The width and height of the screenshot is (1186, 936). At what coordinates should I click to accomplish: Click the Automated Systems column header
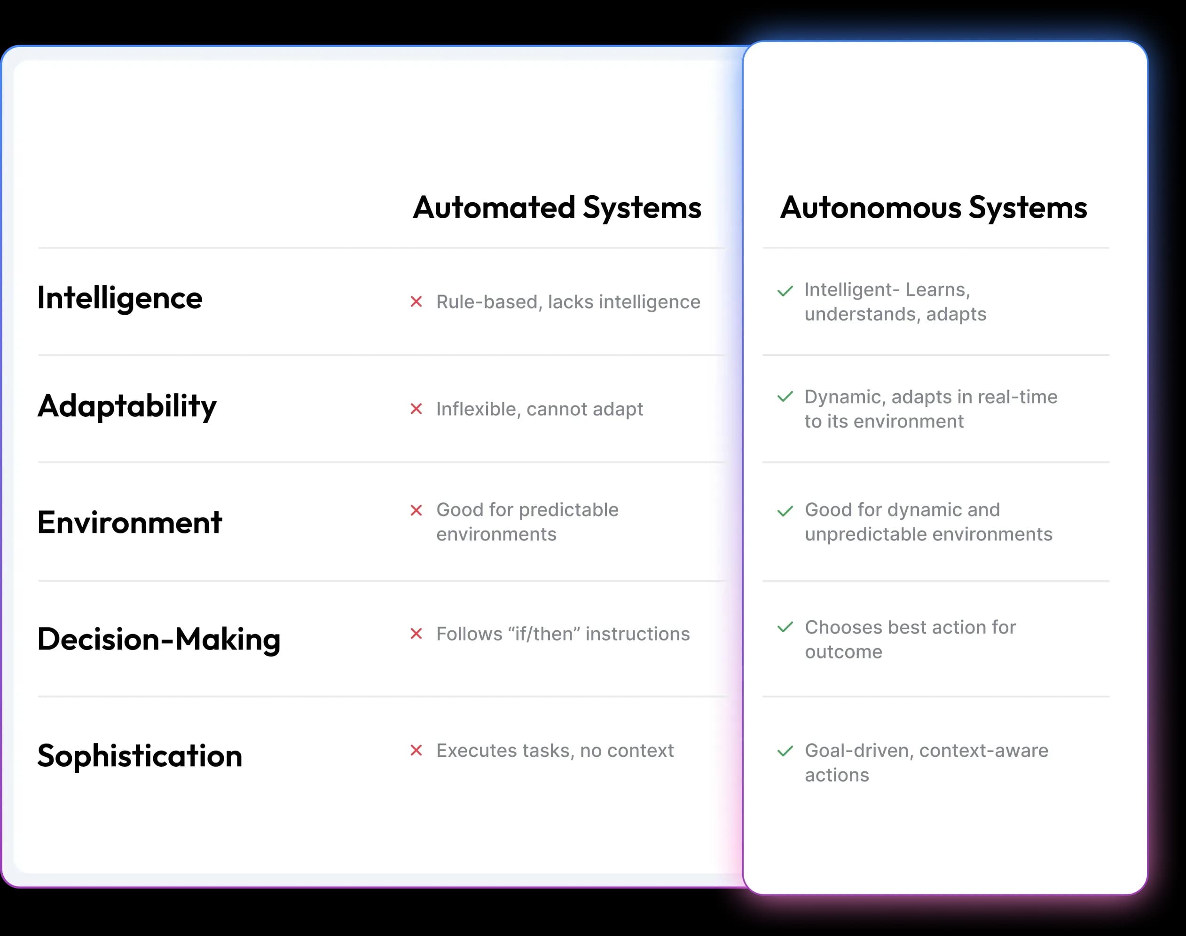557,208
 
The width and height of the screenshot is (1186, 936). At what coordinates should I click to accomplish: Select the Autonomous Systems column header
934,208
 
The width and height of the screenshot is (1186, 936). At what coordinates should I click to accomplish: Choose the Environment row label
130,522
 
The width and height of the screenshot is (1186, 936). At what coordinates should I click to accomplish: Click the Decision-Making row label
159,640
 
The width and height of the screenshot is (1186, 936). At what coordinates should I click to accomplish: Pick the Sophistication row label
140,756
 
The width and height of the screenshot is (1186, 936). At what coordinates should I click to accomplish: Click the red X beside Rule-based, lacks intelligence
416,301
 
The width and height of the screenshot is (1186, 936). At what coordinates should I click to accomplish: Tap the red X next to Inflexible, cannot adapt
416,409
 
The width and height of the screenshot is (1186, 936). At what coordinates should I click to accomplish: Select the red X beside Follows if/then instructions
416,634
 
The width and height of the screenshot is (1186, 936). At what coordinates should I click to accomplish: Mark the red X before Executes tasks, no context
416,750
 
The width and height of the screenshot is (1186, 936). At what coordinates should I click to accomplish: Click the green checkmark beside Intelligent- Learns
785,291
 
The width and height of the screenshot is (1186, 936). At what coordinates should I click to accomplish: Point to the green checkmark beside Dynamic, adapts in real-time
785,396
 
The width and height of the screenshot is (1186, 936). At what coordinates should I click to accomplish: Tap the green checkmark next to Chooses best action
785,627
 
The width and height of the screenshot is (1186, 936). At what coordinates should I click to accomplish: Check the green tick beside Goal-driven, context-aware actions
785,751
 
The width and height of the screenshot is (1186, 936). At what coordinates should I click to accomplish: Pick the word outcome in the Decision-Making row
844,652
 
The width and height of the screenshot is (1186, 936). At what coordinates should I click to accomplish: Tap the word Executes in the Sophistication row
476,750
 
